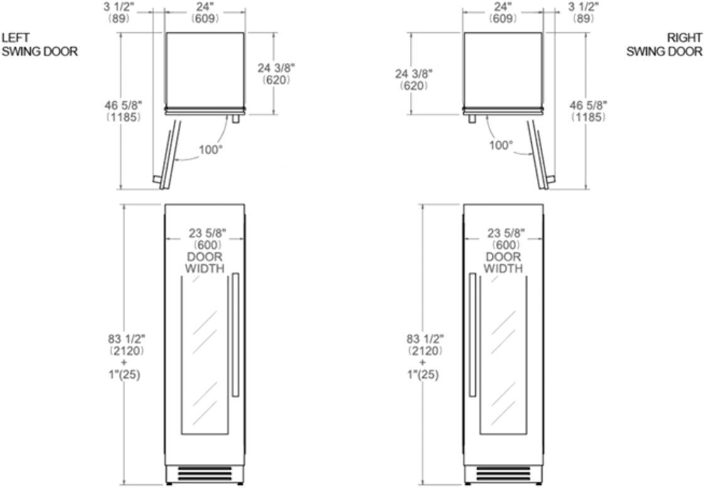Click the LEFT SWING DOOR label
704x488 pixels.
click(x=40, y=45)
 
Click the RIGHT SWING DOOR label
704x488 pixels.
click(x=664, y=45)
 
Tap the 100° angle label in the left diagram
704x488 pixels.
click(x=211, y=149)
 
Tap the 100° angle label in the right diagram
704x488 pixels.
click(x=500, y=145)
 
